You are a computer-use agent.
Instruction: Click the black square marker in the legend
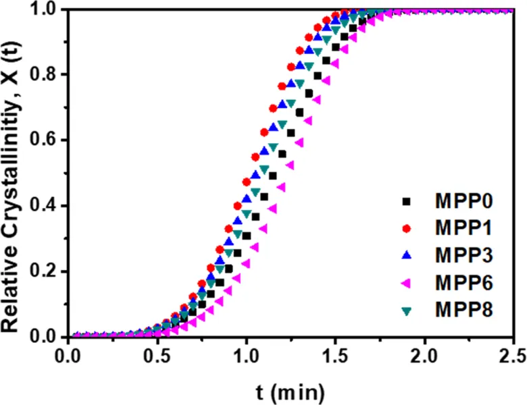(406, 201)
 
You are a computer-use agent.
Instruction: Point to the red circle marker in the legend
(406, 228)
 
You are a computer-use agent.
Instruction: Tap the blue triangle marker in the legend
(406, 255)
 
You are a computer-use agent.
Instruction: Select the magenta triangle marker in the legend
(406, 283)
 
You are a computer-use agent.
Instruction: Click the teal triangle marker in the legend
(406, 310)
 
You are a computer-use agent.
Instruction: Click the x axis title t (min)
(291, 390)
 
